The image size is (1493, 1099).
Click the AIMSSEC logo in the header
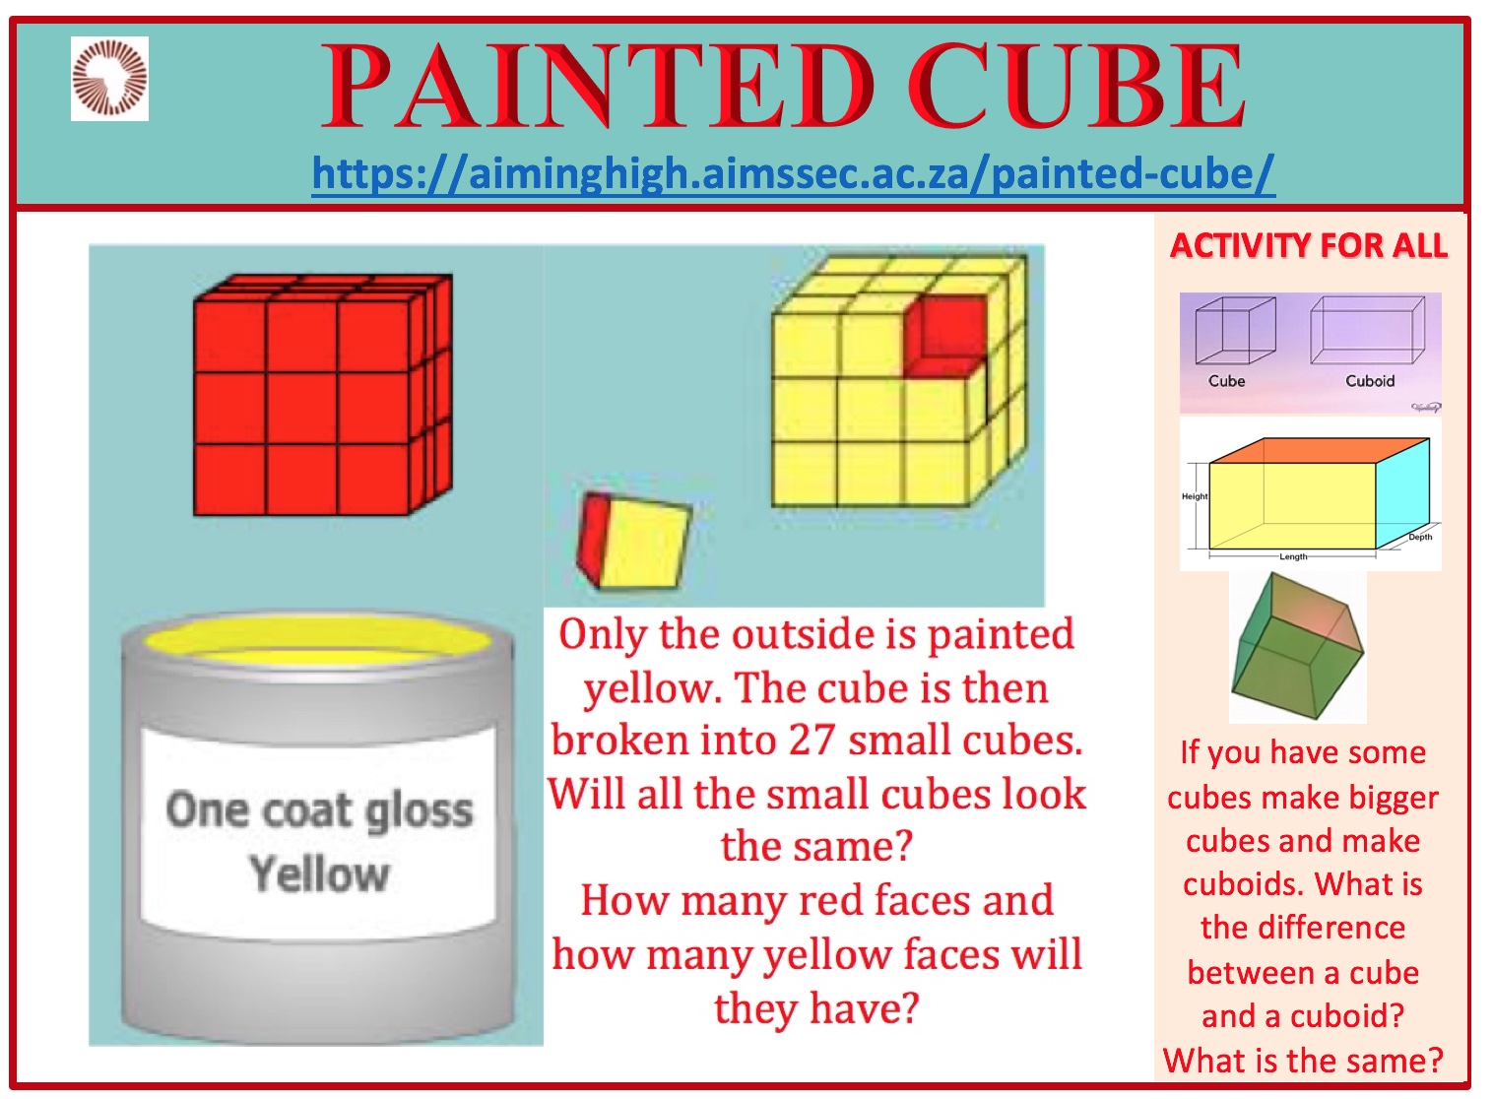pyautogui.click(x=110, y=79)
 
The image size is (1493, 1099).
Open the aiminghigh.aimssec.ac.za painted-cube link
pyautogui.click(x=793, y=174)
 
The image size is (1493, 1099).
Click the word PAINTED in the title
pyautogui.click(x=597, y=86)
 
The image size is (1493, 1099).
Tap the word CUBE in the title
pyautogui.click(x=1076, y=86)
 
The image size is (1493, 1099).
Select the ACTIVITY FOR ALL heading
pyautogui.click(x=1309, y=245)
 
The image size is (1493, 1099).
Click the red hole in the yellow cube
pyautogui.click(x=944, y=337)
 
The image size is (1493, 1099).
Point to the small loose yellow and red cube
pyautogui.click(x=634, y=542)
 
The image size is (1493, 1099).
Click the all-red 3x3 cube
pyautogui.click(x=323, y=395)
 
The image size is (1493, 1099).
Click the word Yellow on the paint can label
pyautogui.click(x=319, y=873)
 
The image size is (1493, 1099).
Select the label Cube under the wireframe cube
pyautogui.click(x=1226, y=380)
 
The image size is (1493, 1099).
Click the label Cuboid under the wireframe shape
pyautogui.click(x=1370, y=380)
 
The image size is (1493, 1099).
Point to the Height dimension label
pyautogui.click(x=1195, y=496)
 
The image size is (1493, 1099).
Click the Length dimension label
pyautogui.click(x=1293, y=556)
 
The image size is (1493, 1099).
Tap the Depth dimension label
pyautogui.click(x=1420, y=537)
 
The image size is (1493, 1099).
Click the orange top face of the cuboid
pyautogui.click(x=1320, y=450)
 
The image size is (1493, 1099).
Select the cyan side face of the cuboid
pyautogui.click(x=1402, y=493)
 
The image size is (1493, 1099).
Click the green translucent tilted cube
pyautogui.click(x=1297, y=646)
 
